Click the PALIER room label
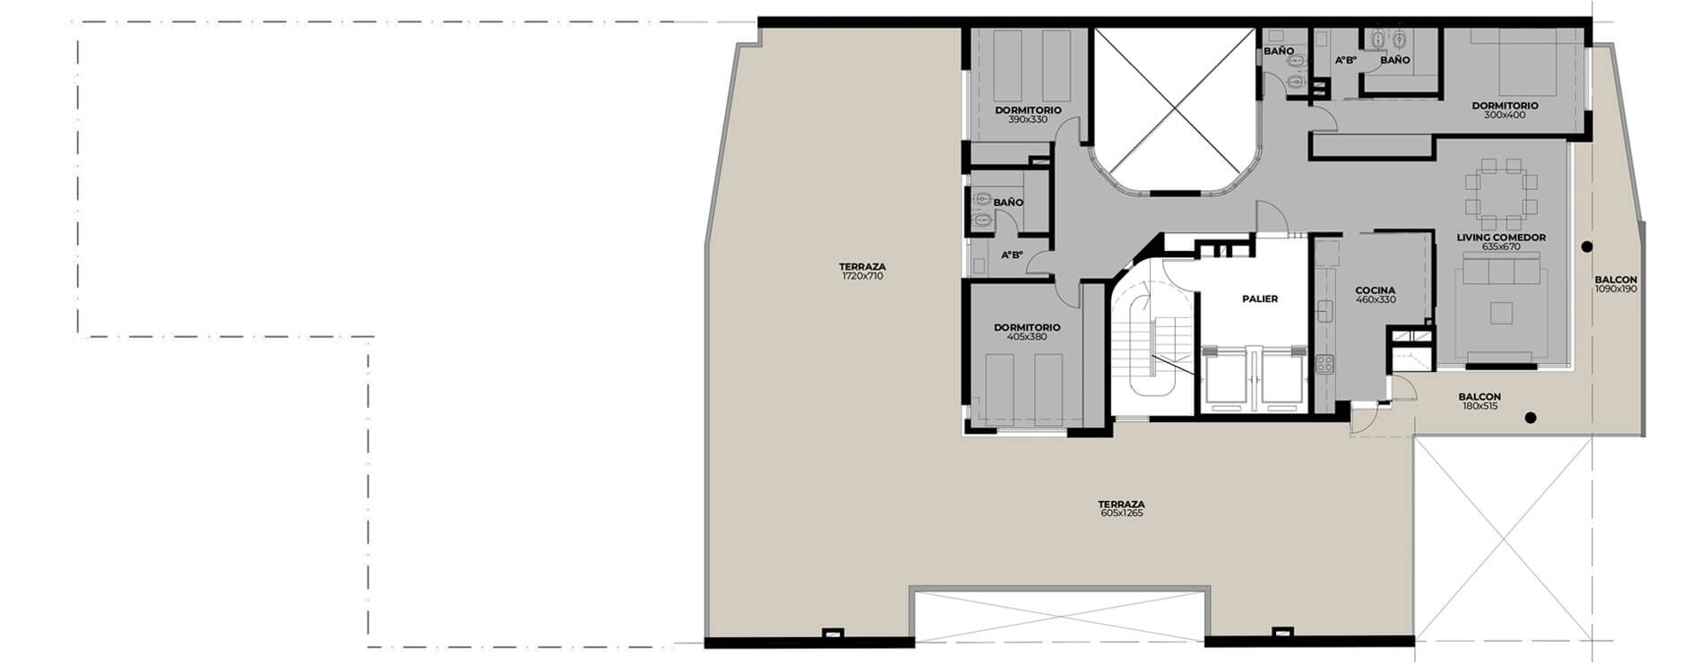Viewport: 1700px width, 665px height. [1259, 299]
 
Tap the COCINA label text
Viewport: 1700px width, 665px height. [1375, 290]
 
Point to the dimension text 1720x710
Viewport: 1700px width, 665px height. [862, 277]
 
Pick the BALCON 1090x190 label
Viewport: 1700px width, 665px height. [1616, 284]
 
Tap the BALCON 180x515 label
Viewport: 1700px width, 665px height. [1480, 402]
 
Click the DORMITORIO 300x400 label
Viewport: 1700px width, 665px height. [1505, 110]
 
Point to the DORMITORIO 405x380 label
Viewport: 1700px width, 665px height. [1027, 332]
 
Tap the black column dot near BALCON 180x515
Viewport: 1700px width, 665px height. [1531, 417]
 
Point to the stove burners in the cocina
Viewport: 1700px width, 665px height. [1325, 364]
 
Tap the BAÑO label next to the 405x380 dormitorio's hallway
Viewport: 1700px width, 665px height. [1008, 203]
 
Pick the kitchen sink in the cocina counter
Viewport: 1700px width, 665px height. [1323, 310]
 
